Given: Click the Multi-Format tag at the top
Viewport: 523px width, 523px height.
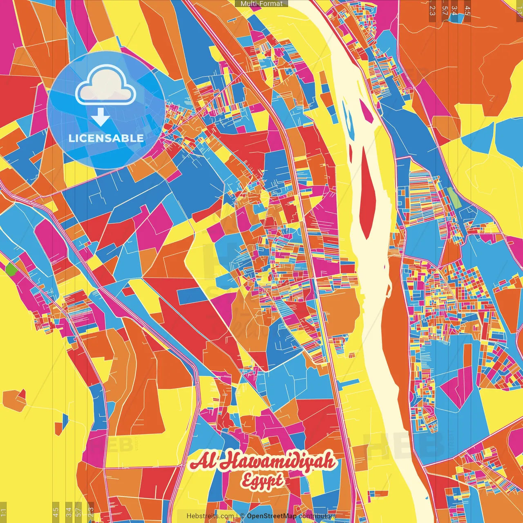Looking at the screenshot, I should [261, 4].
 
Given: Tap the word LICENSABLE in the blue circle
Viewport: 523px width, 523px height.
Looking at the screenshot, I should [106, 138].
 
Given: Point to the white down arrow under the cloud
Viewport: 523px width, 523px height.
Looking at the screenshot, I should [100, 117].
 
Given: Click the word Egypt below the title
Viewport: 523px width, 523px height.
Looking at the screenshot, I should [261, 481].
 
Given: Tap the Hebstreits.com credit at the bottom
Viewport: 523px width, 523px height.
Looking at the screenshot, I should [210, 516].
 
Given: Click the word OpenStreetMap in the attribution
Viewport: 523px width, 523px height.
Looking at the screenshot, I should [272, 516].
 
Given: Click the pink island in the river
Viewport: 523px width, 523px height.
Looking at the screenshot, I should [366, 111].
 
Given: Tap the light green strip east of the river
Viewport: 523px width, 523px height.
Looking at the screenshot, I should [453, 197].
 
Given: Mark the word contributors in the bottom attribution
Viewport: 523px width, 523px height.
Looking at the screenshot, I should [317, 516].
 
